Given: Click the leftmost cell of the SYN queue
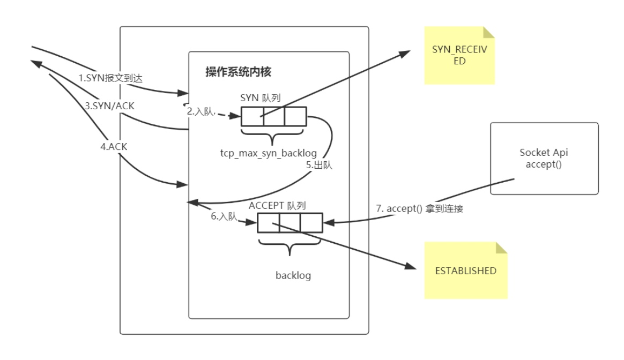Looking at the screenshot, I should coord(252,116).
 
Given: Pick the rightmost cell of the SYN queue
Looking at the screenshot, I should coord(294,116).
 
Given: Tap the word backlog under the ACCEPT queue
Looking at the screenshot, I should coord(293,276).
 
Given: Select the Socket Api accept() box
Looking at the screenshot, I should coord(543,159).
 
